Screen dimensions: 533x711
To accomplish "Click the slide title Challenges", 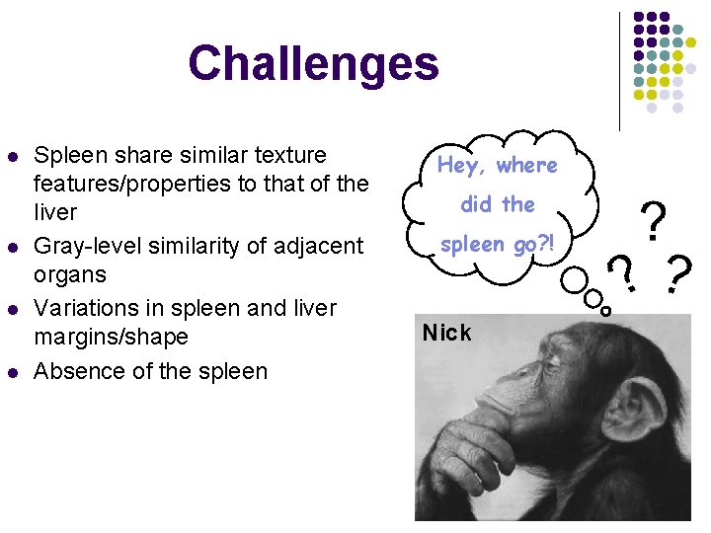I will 313,63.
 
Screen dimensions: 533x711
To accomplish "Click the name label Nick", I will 446,333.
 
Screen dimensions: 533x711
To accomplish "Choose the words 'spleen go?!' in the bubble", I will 498,243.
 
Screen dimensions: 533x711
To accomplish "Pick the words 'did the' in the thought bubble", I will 498,204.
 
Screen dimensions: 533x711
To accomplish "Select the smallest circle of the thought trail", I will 606,310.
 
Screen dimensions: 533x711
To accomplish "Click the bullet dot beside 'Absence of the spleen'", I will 12,372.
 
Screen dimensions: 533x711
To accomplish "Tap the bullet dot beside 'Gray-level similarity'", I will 12,246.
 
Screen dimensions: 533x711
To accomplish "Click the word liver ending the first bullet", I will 55,212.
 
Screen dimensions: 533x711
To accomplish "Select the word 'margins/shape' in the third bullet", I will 111,337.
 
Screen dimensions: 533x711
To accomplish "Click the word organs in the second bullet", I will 70,273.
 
